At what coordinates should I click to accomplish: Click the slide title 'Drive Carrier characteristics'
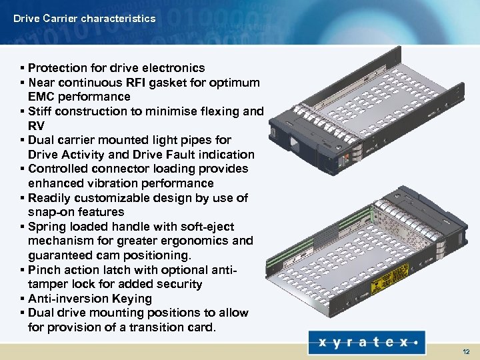point(84,19)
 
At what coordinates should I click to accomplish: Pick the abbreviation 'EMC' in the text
point(42,97)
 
